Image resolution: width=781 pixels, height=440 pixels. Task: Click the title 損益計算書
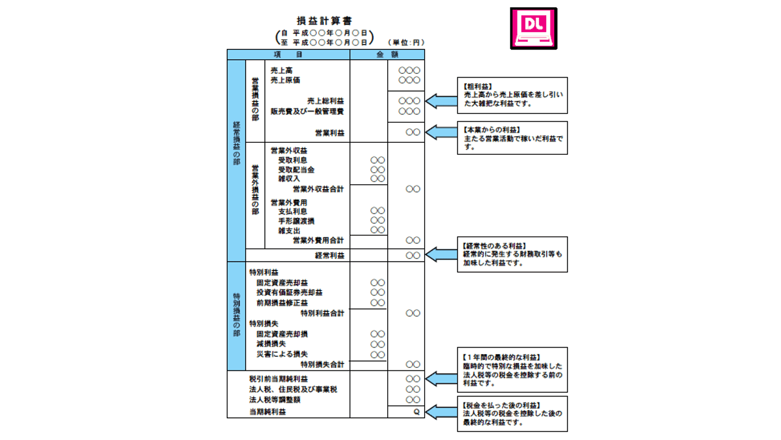click(x=324, y=21)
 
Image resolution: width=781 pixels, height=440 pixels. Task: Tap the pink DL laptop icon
click(x=533, y=28)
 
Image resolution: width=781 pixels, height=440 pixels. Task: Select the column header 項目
click(x=289, y=54)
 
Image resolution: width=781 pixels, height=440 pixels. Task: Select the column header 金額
click(x=387, y=54)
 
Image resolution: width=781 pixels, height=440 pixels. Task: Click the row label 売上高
click(x=281, y=71)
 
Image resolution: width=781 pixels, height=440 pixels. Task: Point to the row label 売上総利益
click(x=325, y=101)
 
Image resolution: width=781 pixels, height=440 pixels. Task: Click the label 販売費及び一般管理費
click(x=307, y=111)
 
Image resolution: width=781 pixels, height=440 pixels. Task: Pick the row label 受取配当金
click(x=296, y=169)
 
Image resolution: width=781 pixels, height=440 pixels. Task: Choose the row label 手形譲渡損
click(x=296, y=221)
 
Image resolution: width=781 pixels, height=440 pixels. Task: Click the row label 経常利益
click(x=329, y=255)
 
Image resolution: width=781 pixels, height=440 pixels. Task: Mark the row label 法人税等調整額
click(x=274, y=400)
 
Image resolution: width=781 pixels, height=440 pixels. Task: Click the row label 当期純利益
click(x=267, y=412)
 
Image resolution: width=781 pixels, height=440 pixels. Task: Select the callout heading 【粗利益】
click(x=477, y=86)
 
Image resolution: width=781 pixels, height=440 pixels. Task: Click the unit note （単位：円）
click(x=406, y=42)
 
